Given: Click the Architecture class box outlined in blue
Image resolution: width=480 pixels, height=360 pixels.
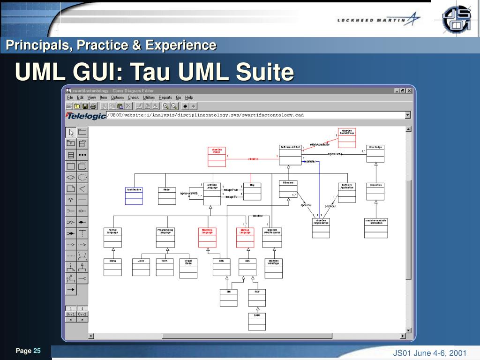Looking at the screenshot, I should click(x=134, y=195).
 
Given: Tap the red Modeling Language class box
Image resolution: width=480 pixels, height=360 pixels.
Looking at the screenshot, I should click(x=207, y=237).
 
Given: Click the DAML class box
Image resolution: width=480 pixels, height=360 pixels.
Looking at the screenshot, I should click(x=257, y=321).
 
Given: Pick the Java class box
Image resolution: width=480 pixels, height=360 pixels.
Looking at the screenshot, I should click(x=141, y=267).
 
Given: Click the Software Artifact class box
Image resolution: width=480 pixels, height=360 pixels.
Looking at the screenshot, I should click(x=289, y=154).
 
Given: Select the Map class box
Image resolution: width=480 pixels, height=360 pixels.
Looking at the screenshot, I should click(x=252, y=191).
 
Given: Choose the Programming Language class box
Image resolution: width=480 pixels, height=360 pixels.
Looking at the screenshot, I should click(x=165, y=237).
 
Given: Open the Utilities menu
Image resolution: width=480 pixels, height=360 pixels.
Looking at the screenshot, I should click(x=149, y=97).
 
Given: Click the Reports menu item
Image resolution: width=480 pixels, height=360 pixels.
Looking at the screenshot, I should click(x=165, y=97).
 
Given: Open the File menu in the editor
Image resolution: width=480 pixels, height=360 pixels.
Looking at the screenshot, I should click(x=70, y=97).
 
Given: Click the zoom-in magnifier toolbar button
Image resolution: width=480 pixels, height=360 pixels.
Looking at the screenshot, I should click(x=166, y=106).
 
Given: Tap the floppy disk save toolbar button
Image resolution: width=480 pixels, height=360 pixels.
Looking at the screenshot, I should click(x=85, y=106).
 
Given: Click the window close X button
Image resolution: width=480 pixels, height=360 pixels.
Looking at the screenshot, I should click(x=409, y=91).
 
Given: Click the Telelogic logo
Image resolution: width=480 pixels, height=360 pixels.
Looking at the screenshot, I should click(x=86, y=116).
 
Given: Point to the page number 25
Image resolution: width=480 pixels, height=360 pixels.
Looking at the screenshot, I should click(x=37, y=351).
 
